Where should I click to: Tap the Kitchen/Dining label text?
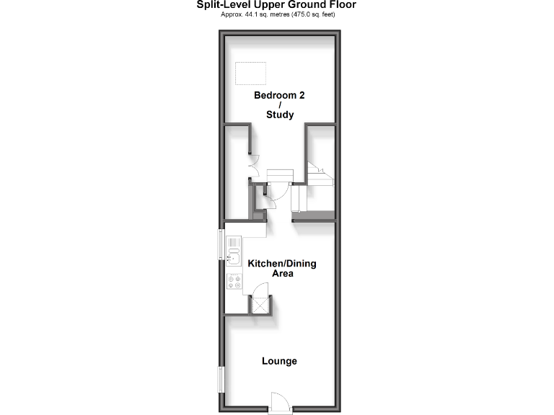(x=281, y=264)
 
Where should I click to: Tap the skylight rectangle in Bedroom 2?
(x=250, y=72)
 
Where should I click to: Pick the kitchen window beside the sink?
(x=222, y=244)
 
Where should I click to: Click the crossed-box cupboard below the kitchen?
(x=260, y=305)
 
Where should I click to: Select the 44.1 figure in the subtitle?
(x=257, y=14)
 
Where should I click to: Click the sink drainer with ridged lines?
(x=234, y=244)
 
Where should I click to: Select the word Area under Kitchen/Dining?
(x=282, y=274)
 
